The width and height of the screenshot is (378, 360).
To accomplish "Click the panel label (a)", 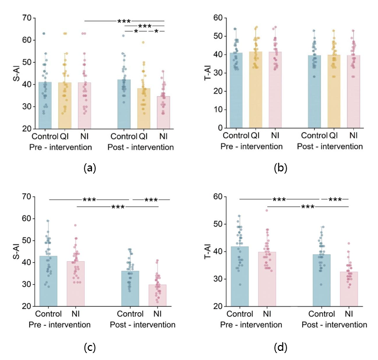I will click(x=90, y=168).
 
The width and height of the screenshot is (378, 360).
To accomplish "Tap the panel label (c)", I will click(x=90, y=348).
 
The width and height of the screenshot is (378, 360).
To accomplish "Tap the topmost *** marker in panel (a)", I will click(x=124, y=21).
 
